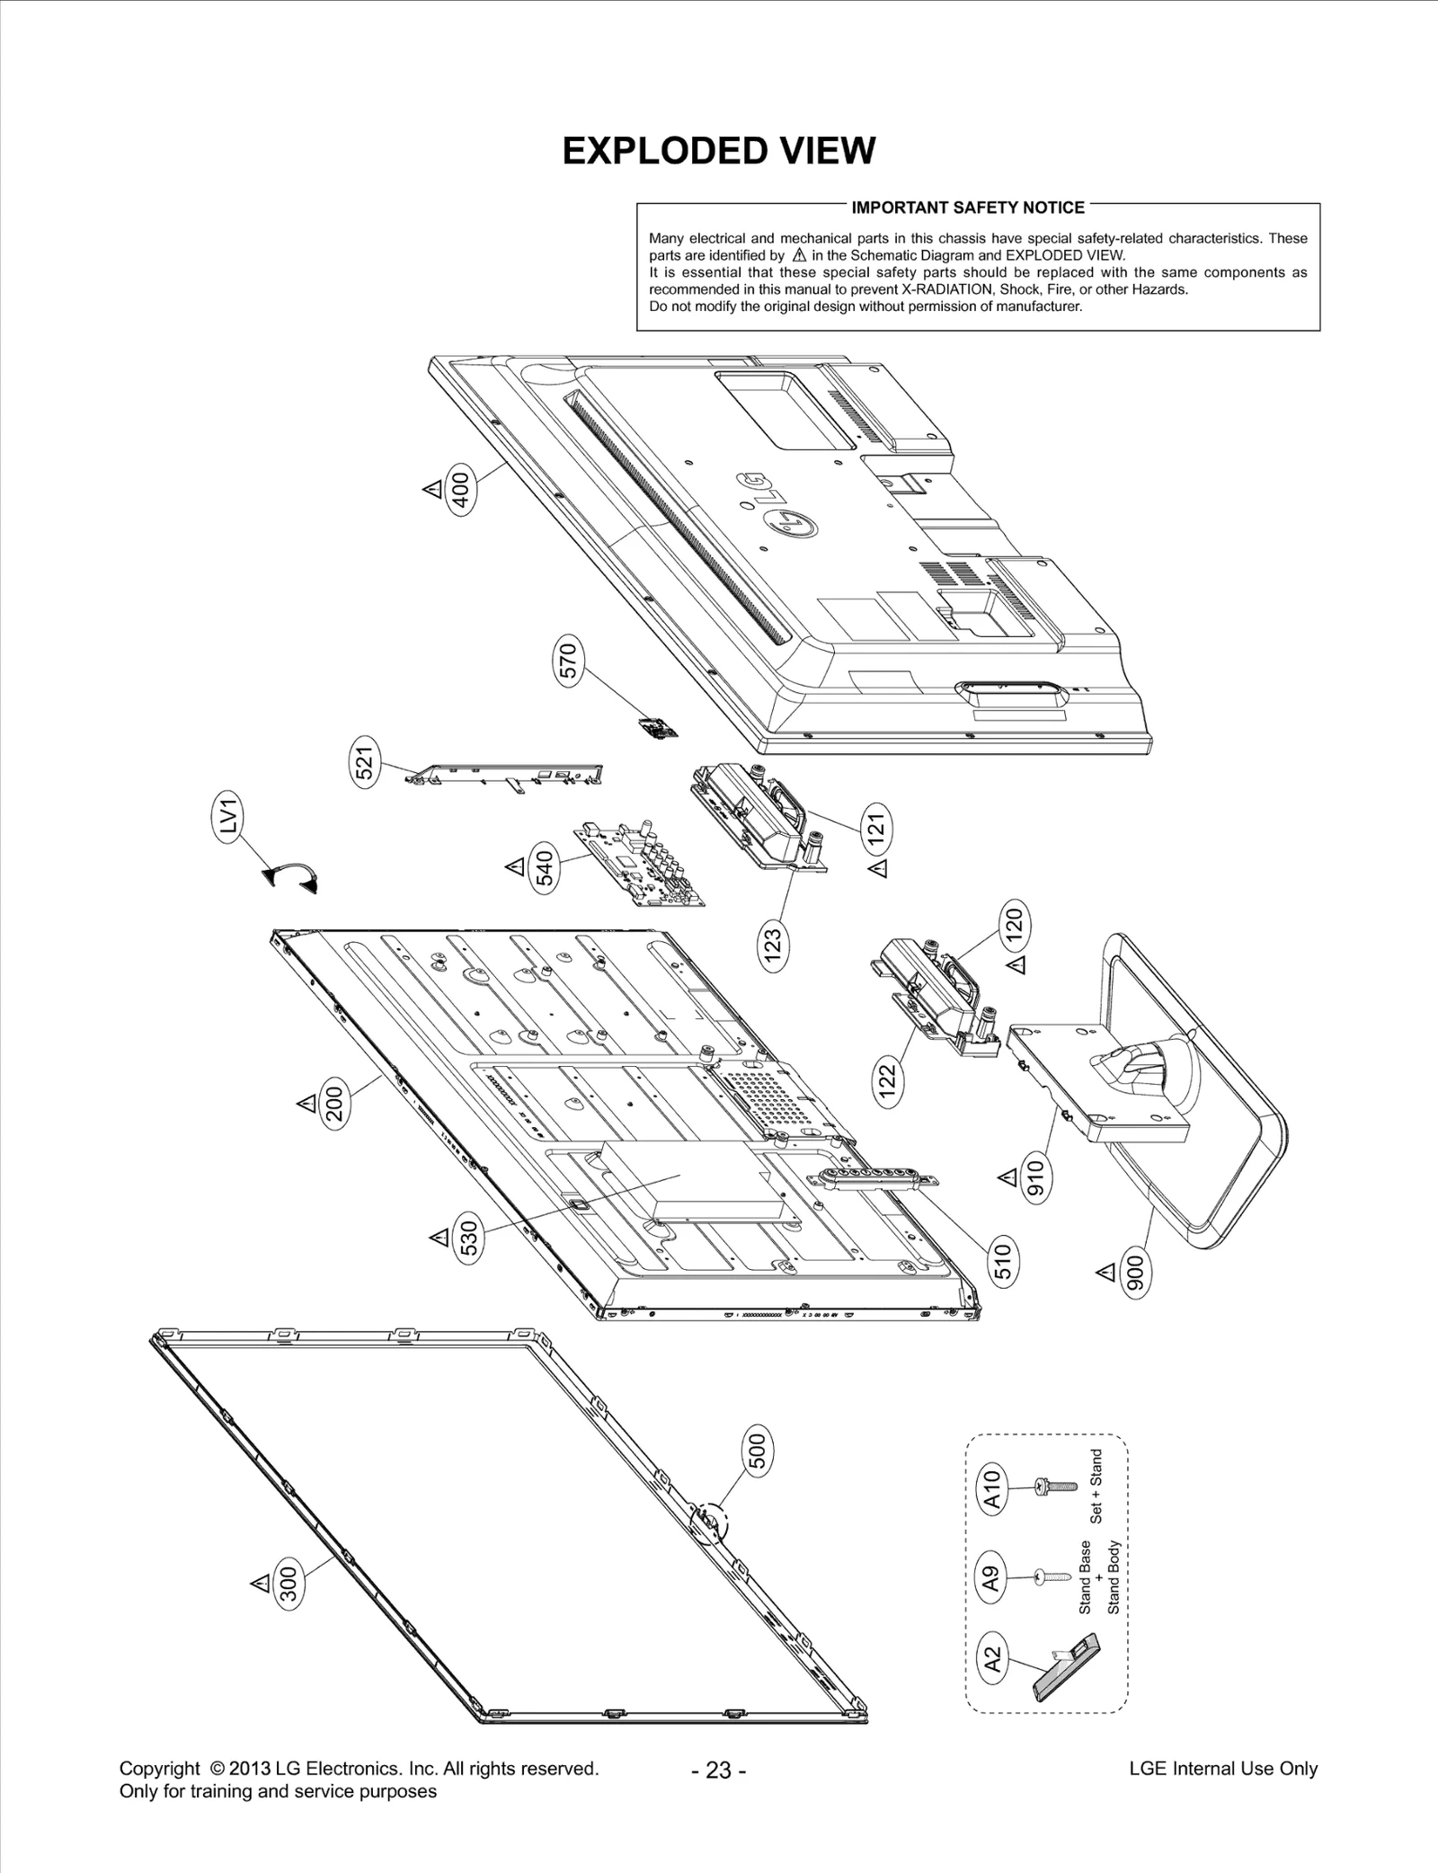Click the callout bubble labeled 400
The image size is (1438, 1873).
click(x=459, y=491)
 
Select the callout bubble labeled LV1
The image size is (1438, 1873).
click(x=228, y=817)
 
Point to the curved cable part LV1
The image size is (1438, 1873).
click(x=293, y=878)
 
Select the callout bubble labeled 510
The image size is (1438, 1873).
click(x=1003, y=1260)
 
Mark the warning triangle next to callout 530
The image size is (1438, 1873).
click(x=439, y=1238)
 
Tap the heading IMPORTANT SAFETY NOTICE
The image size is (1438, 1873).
click(x=968, y=208)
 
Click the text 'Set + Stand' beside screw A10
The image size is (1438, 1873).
click(x=1096, y=1486)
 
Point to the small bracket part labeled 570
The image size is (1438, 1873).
click(x=659, y=728)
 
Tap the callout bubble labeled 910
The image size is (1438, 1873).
click(x=1035, y=1179)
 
